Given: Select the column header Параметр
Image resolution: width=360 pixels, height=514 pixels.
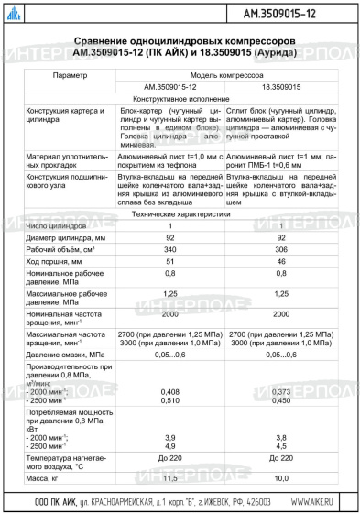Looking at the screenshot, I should coord(71,75).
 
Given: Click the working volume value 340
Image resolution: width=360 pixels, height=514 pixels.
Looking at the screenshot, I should coord(170,248).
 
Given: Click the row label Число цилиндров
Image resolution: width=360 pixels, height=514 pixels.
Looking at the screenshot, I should coord(57,224).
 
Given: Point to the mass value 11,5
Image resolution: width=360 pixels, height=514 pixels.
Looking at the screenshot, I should coord(170,478).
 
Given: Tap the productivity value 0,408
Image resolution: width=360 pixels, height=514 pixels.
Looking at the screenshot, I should coord(170,391).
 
